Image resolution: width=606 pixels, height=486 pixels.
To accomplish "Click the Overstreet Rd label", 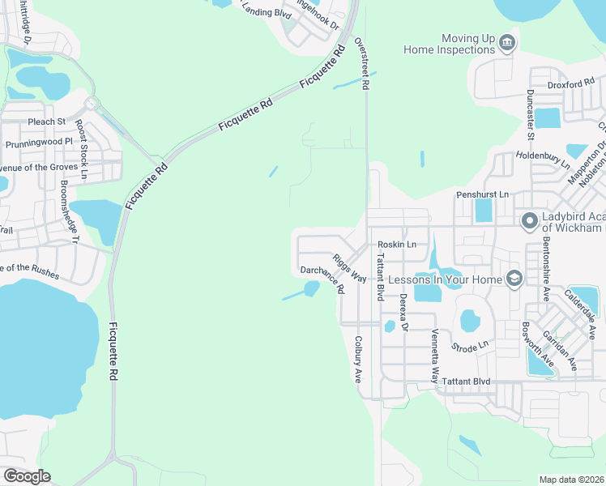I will point(365,62).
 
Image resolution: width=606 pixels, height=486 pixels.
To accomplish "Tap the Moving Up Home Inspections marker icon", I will point(507,42).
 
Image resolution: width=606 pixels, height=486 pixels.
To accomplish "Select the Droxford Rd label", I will point(572,83).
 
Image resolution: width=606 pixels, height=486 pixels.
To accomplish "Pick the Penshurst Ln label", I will point(482,194).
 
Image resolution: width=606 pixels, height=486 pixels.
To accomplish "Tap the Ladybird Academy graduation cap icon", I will point(530,220).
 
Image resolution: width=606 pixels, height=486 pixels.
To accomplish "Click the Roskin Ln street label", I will point(397,244).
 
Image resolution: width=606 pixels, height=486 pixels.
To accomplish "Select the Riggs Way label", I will point(349,268).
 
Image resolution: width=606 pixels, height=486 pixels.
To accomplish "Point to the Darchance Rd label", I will point(322,279).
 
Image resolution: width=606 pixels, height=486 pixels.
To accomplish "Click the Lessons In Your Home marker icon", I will point(513,279).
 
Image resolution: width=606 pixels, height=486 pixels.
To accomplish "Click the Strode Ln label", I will point(470,346).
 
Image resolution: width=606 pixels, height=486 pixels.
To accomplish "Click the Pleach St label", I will point(46,122).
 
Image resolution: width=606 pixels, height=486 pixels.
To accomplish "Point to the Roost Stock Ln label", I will point(81,149).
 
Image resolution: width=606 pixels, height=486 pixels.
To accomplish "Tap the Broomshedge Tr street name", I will point(69,211).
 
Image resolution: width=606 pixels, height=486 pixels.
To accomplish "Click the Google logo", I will point(27,476).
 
